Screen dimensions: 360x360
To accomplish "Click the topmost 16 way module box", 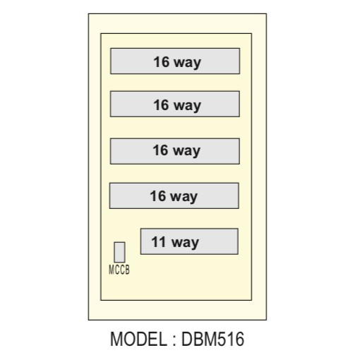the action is click(175, 61).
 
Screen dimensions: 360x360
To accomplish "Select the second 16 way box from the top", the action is click(175, 104).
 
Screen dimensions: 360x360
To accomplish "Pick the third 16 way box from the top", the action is click(175, 151).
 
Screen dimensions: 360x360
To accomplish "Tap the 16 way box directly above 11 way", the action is click(174, 196).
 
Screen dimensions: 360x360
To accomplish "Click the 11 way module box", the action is click(189, 241).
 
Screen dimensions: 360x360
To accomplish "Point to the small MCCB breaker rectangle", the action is click(119, 252).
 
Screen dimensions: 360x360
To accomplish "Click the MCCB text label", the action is click(119, 270).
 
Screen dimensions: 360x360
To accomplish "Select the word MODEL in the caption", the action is click(138, 339).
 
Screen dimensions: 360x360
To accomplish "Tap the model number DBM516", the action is click(212, 339).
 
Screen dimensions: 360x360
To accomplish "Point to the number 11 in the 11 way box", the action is click(158, 241).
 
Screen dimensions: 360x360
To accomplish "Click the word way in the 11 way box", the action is click(185, 243).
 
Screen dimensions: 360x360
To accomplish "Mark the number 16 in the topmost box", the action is click(162, 62).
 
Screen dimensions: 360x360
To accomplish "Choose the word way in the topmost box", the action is click(188, 64).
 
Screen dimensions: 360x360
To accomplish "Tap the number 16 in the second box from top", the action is click(162, 104).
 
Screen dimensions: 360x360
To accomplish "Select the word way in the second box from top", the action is click(188, 106).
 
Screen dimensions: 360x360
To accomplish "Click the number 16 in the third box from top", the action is click(161, 150).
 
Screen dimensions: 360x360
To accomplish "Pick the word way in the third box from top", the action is click(187, 151).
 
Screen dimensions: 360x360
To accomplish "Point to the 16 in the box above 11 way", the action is click(158, 196).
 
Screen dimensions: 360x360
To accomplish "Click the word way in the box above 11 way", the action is click(184, 197).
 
